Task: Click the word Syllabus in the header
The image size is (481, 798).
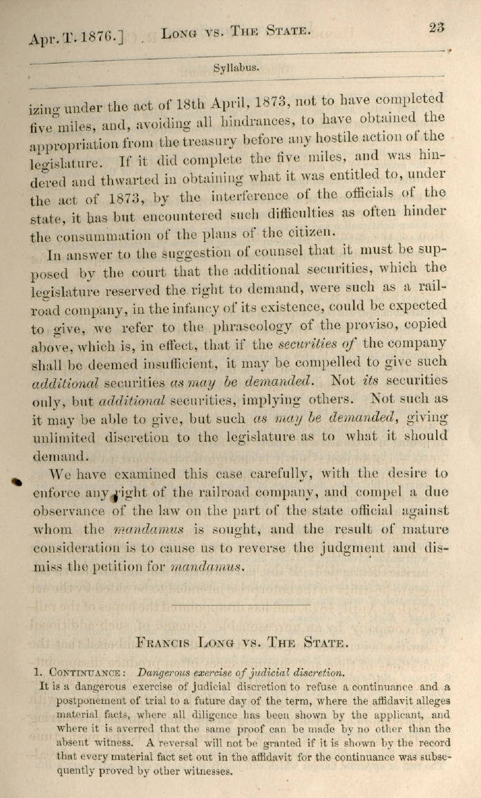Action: click(x=236, y=68)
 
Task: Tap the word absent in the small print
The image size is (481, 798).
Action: click(x=57, y=741)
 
